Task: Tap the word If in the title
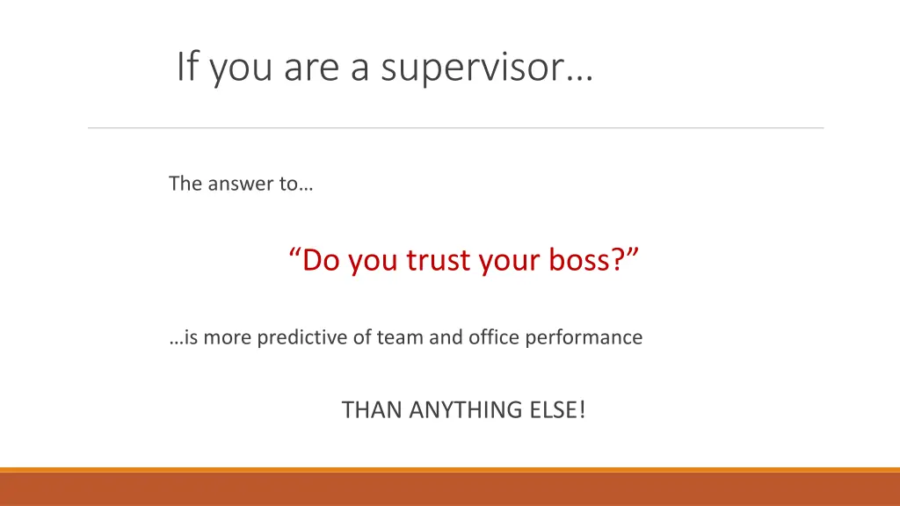(x=185, y=67)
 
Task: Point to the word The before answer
(x=185, y=184)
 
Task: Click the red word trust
(x=439, y=260)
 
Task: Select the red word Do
(x=322, y=260)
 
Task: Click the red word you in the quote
(x=374, y=262)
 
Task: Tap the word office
(x=492, y=336)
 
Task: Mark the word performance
(x=584, y=336)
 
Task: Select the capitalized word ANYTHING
(x=464, y=409)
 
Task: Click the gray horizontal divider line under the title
(x=455, y=128)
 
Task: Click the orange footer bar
(x=450, y=488)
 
